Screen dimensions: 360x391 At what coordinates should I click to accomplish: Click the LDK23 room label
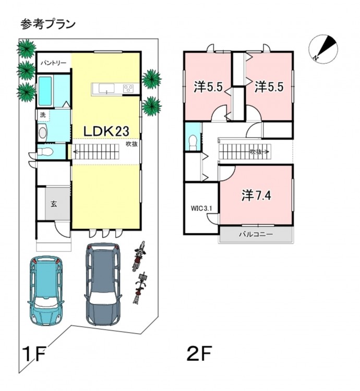point(106,131)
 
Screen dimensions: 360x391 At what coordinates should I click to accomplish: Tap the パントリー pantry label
point(54,63)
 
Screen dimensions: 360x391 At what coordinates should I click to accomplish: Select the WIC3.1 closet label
point(201,208)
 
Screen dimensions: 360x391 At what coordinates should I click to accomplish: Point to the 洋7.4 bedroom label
point(256,195)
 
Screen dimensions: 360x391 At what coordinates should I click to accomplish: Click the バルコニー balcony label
point(256,234)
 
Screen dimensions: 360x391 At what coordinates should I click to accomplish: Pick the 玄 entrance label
point(54,204)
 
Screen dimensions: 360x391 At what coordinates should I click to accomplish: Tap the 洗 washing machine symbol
point(43,115)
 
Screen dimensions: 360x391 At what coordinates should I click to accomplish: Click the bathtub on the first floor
point(45,91)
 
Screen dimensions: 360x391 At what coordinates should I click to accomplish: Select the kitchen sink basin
point(106,88)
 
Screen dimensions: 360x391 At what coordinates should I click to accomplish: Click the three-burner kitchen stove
point(128,89)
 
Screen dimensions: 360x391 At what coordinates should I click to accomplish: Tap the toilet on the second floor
point(194,143)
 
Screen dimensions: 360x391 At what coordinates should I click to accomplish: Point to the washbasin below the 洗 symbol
point(42,133)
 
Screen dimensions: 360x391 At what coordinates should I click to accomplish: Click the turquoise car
point(46,290)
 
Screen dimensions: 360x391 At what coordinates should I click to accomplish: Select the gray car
point(103,284)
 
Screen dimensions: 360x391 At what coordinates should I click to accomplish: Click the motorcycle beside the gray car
point(139,256)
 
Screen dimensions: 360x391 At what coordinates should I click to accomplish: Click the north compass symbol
point(323,49)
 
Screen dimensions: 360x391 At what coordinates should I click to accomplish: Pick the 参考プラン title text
point(47,25)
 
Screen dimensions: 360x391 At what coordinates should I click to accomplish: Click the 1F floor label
point(34,353)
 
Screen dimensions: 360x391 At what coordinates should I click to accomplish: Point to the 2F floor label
point(199,353)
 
